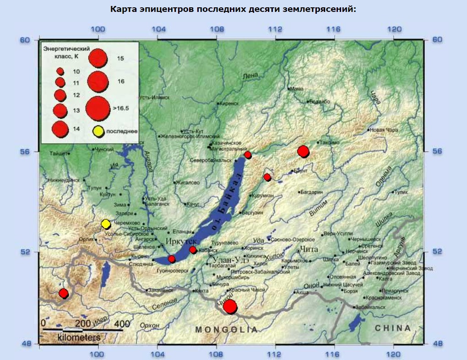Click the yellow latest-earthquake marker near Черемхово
point(106,224)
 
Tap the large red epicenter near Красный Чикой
point(230,306)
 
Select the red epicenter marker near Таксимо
point(303,151)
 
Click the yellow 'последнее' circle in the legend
point(98,131)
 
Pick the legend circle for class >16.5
point(97,108)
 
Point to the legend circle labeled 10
point(60,71)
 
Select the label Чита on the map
point(307,250)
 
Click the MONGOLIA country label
point(226,330)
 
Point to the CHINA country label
point(392,328)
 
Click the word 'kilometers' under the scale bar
point(78,338)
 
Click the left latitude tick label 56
point(24,152)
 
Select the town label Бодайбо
point(320,101)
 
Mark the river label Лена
point(250,76)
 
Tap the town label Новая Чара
point(384,130)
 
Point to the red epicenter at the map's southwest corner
point(64,293)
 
